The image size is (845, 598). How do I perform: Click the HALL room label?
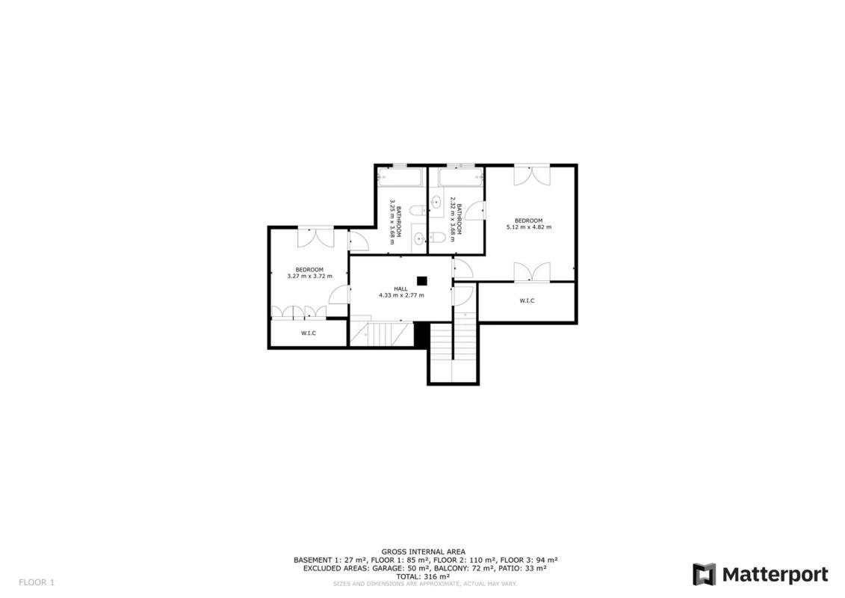[x=400, y=289]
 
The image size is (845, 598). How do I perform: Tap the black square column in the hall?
[x=422, y=280]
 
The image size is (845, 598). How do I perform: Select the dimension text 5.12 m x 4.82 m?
[x=529, y=227]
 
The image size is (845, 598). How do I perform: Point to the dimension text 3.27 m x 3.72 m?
[x=309, y=276]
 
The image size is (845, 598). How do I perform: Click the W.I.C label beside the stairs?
[x=527, y=301]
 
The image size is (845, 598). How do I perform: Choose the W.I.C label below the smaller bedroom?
[x=309, y=333]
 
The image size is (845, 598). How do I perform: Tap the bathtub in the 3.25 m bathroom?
[x=401, y=177]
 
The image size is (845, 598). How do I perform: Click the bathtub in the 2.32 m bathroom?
[x=461, y=177]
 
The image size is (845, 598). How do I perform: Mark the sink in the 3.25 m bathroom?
[x=418, y=238]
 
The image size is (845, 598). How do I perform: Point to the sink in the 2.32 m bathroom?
[x=436, y=203]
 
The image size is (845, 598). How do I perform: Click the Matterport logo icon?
[x=705, y=575]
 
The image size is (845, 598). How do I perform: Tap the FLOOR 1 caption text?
[x=37, y=582]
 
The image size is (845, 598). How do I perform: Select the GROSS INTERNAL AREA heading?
[x=424, y=552]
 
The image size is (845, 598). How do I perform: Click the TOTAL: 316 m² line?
[x=423, y=576]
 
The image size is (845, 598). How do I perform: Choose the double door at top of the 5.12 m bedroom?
[x=531, y=175]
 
